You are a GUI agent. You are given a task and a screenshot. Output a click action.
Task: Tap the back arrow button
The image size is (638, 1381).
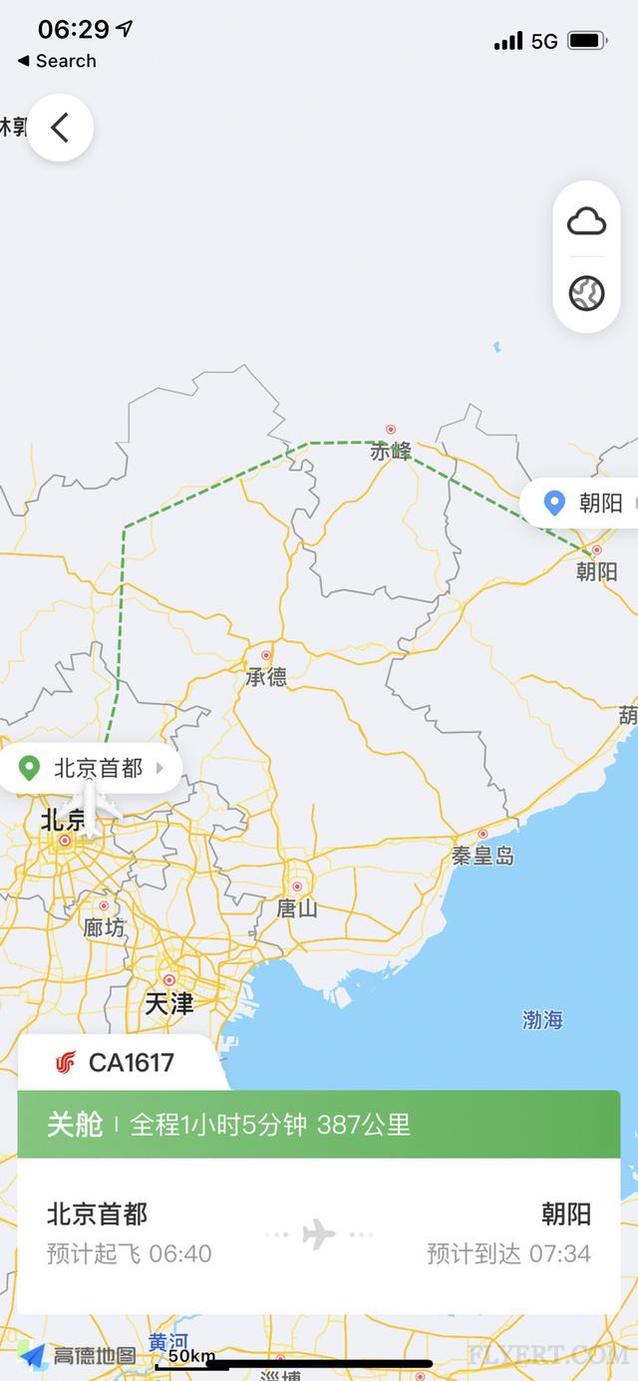[60, 128]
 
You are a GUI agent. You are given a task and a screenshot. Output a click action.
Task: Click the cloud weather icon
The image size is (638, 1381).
[586, 221]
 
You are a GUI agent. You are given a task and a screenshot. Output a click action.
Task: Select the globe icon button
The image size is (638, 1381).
[586, 293]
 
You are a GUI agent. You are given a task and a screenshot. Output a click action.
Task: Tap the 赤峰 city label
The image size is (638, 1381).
[391, 452]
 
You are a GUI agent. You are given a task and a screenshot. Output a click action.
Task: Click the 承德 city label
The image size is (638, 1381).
[266, 677]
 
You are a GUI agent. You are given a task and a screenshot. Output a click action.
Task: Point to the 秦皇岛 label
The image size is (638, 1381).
[482, 856]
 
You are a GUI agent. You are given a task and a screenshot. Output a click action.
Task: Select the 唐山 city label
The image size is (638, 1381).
[297, 908]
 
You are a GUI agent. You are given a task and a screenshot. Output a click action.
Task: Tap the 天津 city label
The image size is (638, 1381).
[169, 1003]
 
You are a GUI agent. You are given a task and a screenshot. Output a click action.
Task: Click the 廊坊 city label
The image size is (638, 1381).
[105, 928]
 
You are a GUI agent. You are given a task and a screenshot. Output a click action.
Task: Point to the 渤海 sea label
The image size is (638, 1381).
[543, 1020]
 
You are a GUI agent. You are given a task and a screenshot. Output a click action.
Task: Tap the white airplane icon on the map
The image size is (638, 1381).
[89, 807]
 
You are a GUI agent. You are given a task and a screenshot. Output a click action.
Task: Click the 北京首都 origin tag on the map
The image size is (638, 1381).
[98, 768]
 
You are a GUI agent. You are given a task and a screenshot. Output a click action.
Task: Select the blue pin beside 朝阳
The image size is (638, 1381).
[554, 503]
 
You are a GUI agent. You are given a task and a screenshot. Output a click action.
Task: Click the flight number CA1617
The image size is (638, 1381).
[132, 1063]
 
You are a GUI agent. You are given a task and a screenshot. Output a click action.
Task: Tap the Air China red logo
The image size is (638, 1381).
[66, 1063]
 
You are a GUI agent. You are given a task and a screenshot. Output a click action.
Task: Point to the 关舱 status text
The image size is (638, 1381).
[75, 1125]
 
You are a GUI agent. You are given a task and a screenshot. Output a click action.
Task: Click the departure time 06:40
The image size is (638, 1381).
[179, 1253]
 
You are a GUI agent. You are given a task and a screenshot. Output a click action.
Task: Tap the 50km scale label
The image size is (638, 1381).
[191, 1356]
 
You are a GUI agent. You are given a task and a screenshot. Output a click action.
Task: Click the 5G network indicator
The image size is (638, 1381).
[544, 41]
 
